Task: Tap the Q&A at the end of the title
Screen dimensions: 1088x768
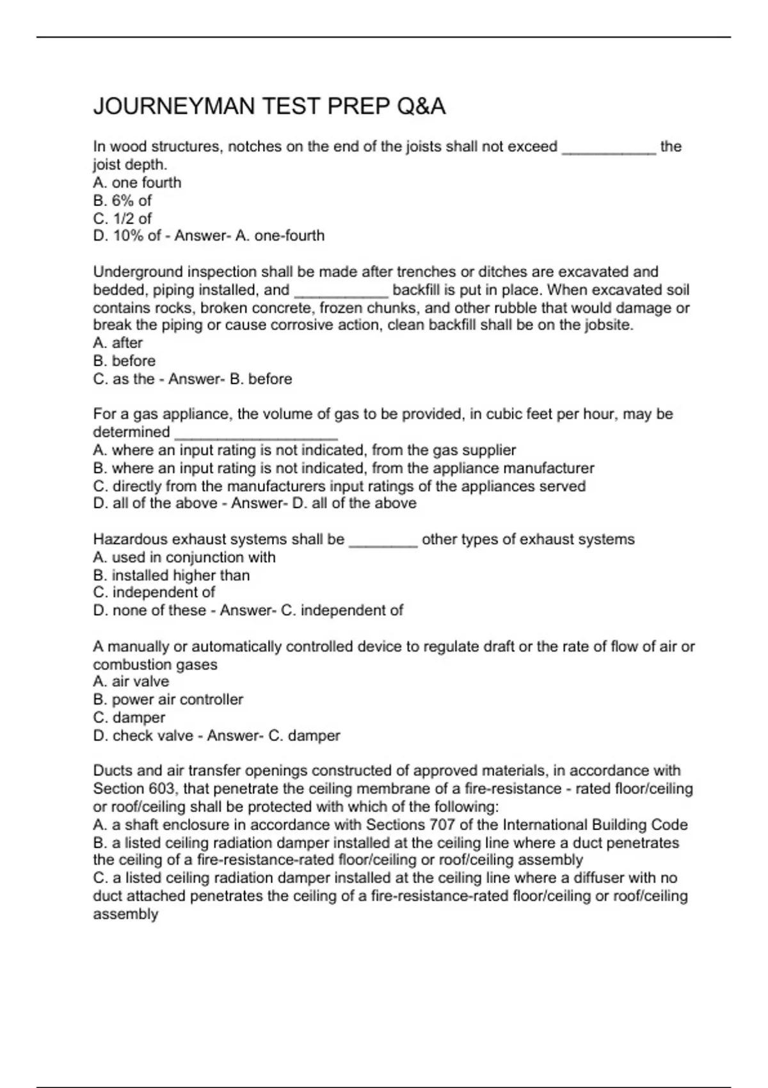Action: pyautogui.click(x=420, y=106)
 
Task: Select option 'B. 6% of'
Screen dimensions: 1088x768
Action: pyautogui.click(x=122, y=200)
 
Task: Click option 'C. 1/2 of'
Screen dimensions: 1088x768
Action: pyautogui.click(x=122, y=218)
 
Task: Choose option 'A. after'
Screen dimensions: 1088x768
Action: pyautogui.click(x=118, y=343)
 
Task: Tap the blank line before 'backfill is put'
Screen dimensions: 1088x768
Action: pyautogui.click(x=341, y=291)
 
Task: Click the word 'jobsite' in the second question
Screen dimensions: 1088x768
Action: pyautogui.click(x=608, y=325)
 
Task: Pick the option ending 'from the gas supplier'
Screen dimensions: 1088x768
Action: pyautogui.click(x=305, y=451)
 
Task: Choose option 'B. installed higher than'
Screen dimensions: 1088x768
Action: pyautogui.click(x=172, y=575)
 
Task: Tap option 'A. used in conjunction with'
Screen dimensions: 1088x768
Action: pyautogui.click(x=184, y=557)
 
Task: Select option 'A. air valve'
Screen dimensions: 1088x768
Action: pyautogui.click(x=131, y=682)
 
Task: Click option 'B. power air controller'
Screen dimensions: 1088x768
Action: pyautogui.click(x=168, y=700)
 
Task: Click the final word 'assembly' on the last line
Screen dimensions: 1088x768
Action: pyautogui.click(x=125, y=914)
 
